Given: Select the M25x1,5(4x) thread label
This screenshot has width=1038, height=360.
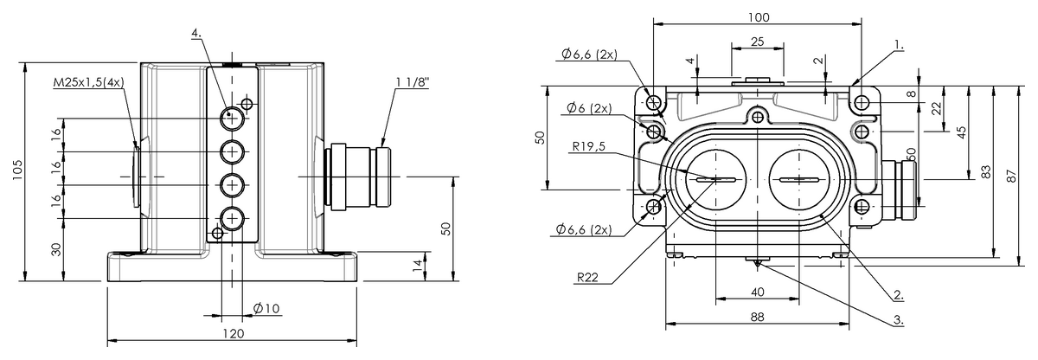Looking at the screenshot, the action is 89,82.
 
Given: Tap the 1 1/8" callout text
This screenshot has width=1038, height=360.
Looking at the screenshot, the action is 413,82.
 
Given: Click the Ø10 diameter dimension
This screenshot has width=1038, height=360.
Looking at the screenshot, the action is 266,308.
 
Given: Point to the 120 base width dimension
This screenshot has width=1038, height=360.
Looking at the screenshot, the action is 234,333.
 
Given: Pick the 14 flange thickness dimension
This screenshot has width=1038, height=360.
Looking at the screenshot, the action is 418,266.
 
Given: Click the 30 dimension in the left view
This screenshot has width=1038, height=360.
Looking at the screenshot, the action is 56,249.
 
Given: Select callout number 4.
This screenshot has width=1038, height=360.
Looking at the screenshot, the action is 197,34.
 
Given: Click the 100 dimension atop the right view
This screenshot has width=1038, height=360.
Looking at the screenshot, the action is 759,17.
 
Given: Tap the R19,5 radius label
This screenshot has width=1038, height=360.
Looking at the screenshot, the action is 588,146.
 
